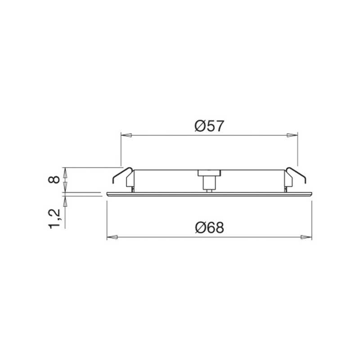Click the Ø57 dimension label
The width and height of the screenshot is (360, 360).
click(209, 126)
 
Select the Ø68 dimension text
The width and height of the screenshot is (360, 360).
click(209, 228)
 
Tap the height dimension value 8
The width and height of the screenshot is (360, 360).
click(54, 180)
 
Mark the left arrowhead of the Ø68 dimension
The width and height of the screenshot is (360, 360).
click(112, 237)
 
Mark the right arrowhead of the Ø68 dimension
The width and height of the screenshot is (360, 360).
click(306, 237)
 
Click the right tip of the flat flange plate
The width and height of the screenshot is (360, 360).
click(311, 194)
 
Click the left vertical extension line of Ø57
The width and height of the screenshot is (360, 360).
click(121, 148)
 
